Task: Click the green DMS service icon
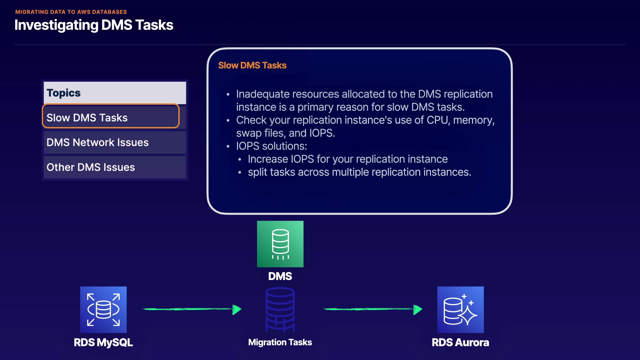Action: pos(280,244)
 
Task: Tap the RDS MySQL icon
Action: pos(103,310)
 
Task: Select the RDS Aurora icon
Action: pos(460,310)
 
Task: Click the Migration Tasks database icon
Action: pos(280,310)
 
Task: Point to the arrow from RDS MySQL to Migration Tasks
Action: pos(192,309)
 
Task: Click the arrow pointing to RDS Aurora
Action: pos(372,309)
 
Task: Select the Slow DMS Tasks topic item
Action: pos(111,117)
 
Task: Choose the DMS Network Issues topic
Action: pos(98,142)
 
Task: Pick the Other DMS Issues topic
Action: pos(91,167)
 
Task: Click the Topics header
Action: pos(64,93)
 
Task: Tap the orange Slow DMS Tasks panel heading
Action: pos(252,65)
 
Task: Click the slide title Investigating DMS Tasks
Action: pos(94,25)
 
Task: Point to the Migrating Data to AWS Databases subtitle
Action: pos(71,12)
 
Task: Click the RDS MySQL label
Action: pos(103,342)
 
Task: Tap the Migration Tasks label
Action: pos(280,342)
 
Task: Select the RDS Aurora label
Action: pos(460,342)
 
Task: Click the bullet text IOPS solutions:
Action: pos(271,146)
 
